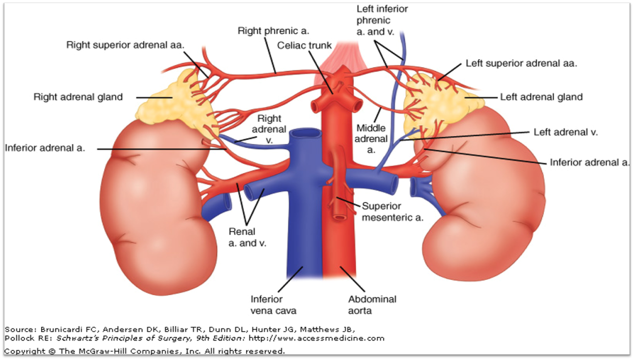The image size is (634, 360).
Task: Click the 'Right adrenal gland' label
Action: pos(78,97)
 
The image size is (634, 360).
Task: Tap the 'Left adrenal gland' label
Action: pos(541,97)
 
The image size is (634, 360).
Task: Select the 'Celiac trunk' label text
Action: pos(304,45)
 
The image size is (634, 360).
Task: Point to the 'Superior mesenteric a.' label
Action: pos(393,212)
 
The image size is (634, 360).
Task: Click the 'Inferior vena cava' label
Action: pos(273,305)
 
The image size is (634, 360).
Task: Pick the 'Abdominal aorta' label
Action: pos(372,305)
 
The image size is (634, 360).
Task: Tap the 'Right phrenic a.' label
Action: pos(273,31)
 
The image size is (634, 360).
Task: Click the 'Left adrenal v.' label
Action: pos(566,132)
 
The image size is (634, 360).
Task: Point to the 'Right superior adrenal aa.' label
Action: pos(125,45)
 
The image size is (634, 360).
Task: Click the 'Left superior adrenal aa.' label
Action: pos(522,63)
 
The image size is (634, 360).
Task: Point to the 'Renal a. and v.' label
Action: pos(247,237)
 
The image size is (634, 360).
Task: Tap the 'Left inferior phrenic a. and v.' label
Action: pos(382,20)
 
